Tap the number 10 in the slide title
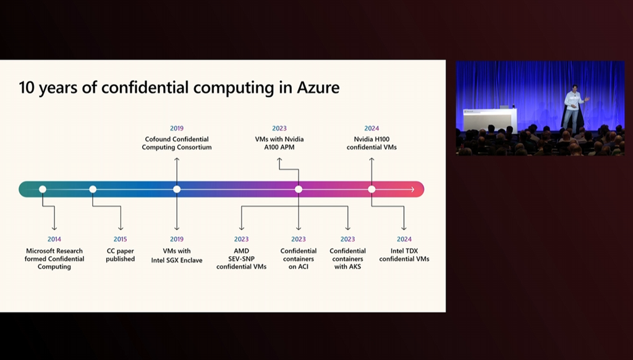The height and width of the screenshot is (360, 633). [x=27, y=87]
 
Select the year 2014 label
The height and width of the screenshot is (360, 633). [x=54, y=239]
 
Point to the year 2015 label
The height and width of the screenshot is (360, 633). [x=120, y=239]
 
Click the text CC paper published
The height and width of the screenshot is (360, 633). [x=120, y=255]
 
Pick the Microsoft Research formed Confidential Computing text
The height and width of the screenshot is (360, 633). [x=54, y=259]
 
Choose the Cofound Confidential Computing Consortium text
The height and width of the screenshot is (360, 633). [x=177, y=144]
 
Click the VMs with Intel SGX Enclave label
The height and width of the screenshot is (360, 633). [x=177, y=255]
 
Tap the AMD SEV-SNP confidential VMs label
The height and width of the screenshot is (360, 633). [x=241, y=259]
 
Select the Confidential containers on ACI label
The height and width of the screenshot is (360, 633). [x=299, y=259]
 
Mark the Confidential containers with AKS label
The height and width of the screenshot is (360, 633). [x=347, y=259]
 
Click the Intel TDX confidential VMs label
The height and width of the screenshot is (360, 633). [x=404, y=255]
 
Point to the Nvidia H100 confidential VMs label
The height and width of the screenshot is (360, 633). [x=372, y=144]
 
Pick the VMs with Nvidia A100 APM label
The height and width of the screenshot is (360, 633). [x=279, y=144]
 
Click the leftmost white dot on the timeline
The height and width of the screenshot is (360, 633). [x=43, y=189]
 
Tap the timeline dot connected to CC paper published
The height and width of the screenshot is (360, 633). [x=93, y=189]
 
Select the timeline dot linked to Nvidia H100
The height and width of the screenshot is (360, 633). [x=372, y=189]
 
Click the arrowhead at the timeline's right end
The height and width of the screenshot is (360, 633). [x=412, y=189]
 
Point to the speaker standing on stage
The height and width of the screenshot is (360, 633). [x=572, y=108]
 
